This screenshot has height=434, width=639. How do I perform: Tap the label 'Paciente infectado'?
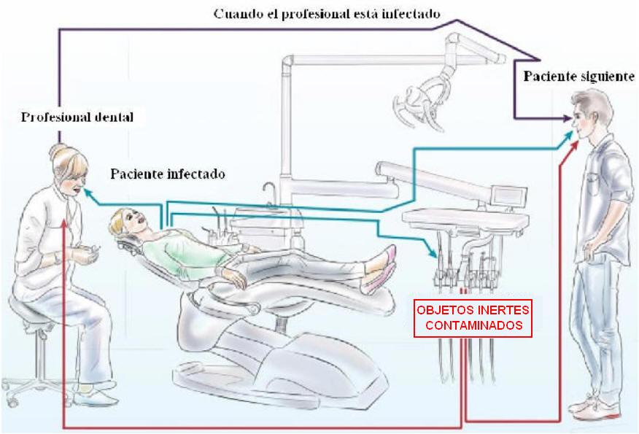point(168,174)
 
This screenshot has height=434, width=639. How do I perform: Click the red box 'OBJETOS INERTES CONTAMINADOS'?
point(473,318)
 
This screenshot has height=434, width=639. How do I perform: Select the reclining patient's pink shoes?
point(382,270)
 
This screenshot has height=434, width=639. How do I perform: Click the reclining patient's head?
point(125,218)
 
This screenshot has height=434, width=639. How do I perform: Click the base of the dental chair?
point(277,365)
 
